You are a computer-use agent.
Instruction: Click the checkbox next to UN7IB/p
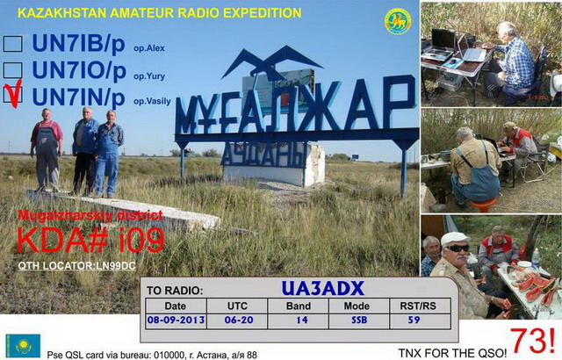12,44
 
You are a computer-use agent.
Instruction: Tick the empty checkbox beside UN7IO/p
12,70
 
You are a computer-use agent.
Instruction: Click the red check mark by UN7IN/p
14,94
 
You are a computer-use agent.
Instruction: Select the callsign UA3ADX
322,288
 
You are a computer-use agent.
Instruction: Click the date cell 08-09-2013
176,320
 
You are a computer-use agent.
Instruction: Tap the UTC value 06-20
238,320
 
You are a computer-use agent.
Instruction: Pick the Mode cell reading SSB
359,320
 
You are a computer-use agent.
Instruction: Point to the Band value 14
302,320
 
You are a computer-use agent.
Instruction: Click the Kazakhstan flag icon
23,346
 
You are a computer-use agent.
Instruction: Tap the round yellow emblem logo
398,21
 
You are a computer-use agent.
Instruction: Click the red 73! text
532,341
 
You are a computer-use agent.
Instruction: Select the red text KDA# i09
90,240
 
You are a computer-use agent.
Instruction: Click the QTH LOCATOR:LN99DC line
77,266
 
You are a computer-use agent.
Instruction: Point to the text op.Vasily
152,101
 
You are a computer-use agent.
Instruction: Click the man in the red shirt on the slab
47,148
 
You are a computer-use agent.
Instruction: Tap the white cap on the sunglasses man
455,238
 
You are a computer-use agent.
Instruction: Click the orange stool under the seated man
483,205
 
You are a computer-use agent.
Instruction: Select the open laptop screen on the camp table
443,39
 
